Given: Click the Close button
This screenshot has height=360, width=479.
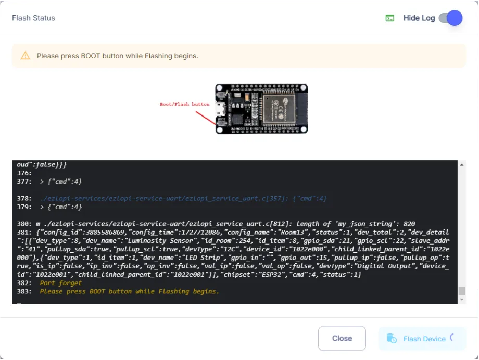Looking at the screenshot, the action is [x=342, y=338].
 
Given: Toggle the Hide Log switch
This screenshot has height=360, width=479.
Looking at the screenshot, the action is [x=450, y=18].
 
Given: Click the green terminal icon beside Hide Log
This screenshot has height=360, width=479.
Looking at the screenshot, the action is [x=390, y=18].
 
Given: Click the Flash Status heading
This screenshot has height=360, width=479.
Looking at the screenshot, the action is [x=34, y=18].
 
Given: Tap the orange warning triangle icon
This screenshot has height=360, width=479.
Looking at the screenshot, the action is [x=26, y=56].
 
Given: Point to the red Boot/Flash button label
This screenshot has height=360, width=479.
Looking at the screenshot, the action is [x=184, y=104].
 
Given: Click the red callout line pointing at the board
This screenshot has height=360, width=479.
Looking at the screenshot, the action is [x=206, y=118].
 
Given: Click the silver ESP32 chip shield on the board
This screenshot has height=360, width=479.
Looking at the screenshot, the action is [x=279, y=109].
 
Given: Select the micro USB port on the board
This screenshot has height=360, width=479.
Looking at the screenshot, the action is [x=220, y=109].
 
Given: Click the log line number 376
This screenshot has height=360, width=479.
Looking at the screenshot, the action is [x=24, y=173].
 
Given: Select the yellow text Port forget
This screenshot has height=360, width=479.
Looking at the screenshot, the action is [x=61, y=283].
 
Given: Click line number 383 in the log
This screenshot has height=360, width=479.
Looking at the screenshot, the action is [x=24, y=292].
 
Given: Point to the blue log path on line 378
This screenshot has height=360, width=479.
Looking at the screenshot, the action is [x=164, y=199].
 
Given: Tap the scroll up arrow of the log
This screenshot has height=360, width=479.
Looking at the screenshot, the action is [x=462, y=165].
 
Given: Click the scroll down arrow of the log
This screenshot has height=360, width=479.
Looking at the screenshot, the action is [x=462, y=300].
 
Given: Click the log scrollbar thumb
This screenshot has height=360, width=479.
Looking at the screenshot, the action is [x=462, y=291].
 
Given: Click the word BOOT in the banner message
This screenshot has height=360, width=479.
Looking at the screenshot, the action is [x=91, y=56].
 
